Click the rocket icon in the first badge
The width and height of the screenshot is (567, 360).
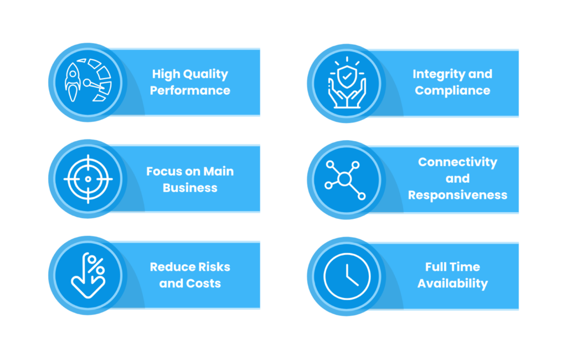pos(73,82)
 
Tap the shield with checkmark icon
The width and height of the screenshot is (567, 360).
pos(347,76)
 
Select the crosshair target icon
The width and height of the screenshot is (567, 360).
pos(88,179)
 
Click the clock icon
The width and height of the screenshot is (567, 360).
pos(347,276)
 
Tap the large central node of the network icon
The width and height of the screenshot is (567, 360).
pos(344,179)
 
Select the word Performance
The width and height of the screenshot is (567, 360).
pos(190,90)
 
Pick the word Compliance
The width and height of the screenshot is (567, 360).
pos(453,90)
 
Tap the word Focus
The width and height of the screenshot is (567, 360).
pos(160,171)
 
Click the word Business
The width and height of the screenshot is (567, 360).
pos(190,188)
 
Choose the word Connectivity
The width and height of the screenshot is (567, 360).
pos(458,162)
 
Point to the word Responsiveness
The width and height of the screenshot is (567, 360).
pos(458,195)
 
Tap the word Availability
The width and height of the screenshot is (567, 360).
pos(453,284)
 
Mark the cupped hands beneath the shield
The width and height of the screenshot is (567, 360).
pos(347,94)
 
